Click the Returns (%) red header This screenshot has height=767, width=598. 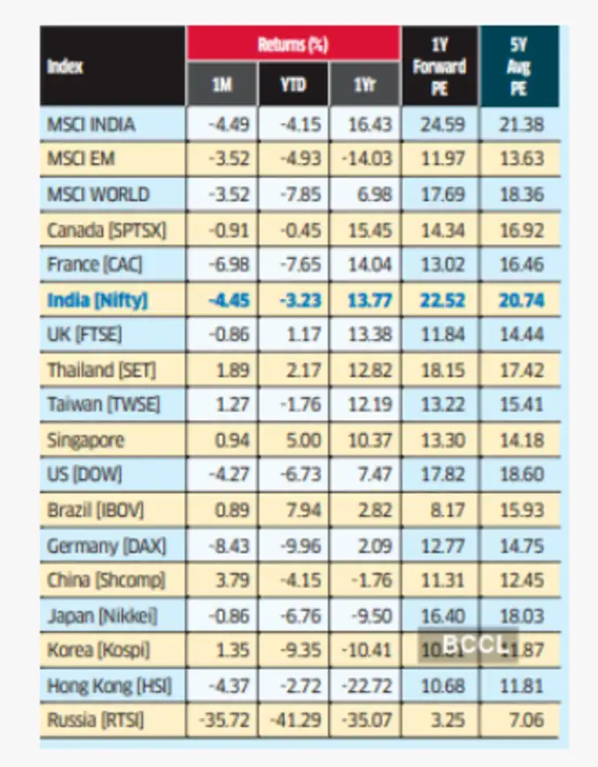(293, 45)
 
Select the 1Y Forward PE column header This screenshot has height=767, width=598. (440, 67)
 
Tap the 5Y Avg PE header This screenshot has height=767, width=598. (519, 67)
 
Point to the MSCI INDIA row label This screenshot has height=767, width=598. (91, 124)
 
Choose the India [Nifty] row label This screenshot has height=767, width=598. (98, 300)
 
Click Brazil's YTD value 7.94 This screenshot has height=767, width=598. (298, 510)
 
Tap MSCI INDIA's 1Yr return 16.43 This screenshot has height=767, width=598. (369, 124)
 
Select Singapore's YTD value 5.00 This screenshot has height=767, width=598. (298, 440)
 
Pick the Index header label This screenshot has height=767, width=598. (66, 67)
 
